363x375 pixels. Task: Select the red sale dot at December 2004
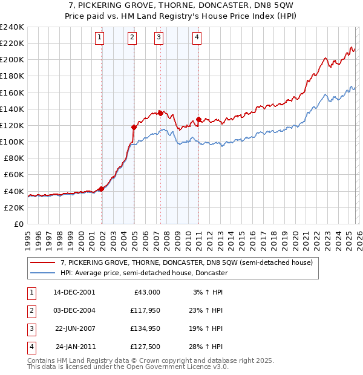134,127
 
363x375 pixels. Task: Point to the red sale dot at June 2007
160,112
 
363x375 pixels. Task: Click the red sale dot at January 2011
198,119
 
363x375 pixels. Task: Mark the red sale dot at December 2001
102,188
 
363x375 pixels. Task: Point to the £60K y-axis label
13,174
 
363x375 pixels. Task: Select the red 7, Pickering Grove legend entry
186,262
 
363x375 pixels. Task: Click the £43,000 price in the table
146,292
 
